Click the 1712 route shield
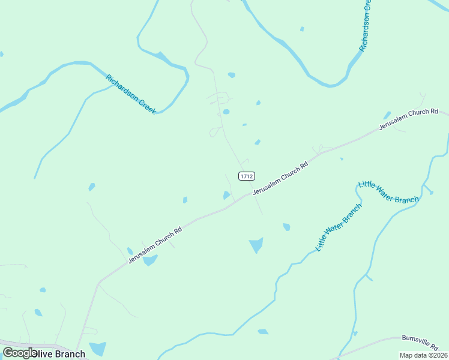pos(247,176)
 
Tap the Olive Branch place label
pos(58,353)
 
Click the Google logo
pos(19,353)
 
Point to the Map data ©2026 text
pos(423,355)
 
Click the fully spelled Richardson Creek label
pos(131,94)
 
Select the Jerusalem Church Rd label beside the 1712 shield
pos(280,178)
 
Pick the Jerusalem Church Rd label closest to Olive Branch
pos(154,245)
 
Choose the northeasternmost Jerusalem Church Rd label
pos(408,120)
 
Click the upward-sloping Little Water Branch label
pos(339,227)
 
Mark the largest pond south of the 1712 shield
pos(256,244)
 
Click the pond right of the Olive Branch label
pos(98,348)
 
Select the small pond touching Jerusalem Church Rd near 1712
pos(226,195)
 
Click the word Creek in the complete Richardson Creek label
pos(147,106)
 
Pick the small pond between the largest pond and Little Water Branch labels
pos(287,227)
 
